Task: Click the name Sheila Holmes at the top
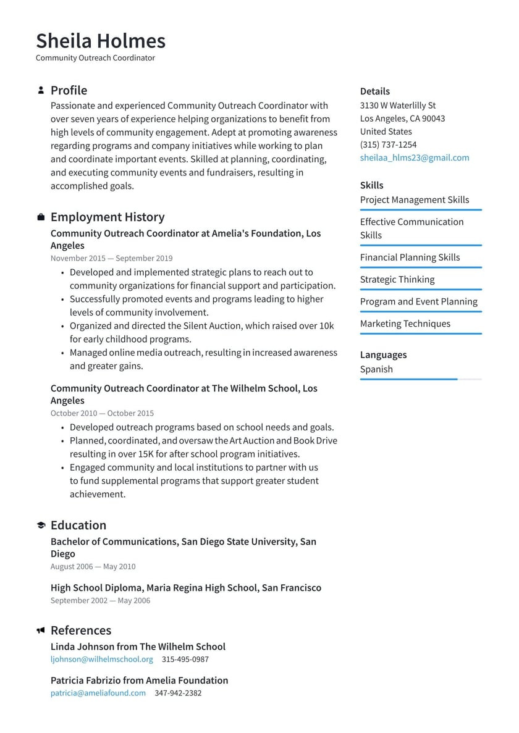101,41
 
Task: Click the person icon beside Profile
41,90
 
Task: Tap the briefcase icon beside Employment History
41,217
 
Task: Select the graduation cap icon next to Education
41,526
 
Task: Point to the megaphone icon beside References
41,630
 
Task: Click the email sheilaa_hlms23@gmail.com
415,157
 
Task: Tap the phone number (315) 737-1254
388,145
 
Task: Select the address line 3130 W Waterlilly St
398,106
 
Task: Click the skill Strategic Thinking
397,279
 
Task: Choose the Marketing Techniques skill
405,324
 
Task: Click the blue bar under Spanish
408,379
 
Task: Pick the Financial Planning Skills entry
410,257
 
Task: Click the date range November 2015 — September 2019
111,258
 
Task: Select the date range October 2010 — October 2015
102,413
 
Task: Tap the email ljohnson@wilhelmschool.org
101,659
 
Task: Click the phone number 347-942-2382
178,693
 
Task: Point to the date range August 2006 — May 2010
93,566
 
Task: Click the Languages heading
383,354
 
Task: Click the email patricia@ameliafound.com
98,693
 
